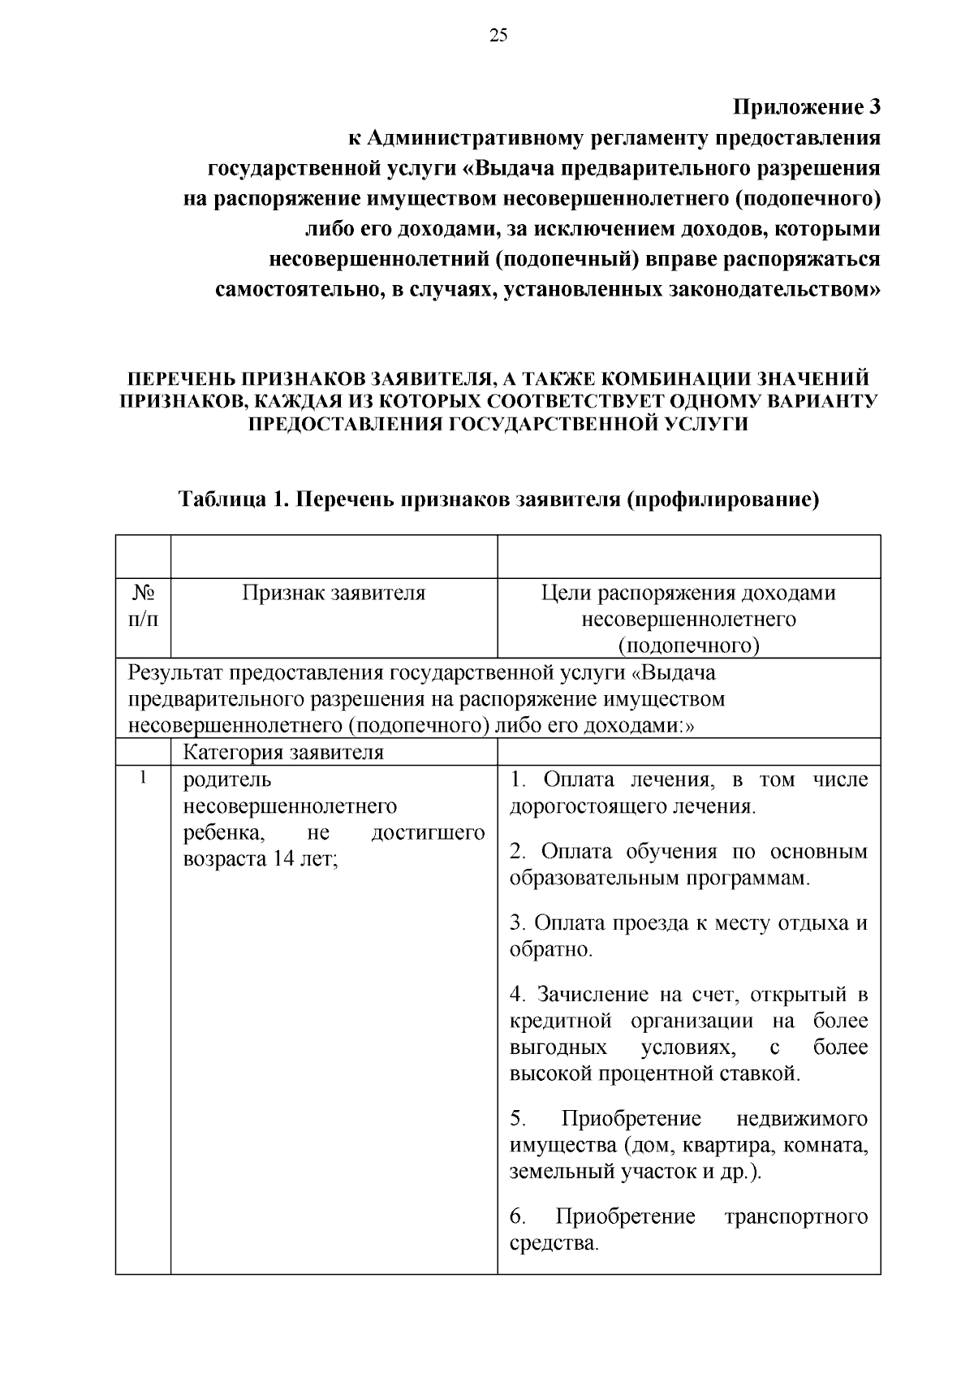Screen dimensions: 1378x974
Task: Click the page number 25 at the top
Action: tap(498, 34)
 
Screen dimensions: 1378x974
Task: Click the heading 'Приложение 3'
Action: tap(806, 107)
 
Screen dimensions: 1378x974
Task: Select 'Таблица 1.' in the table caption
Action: tap(222, 499)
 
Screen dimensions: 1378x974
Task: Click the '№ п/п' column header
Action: tap(143, 606)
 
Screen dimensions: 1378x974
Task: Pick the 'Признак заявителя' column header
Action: tap(334, 593)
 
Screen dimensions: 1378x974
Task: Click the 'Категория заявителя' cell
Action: tap(283, 752)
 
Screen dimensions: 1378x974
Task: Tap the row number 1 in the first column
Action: tap(143, 778)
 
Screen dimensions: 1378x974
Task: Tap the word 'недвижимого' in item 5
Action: tap(801, 1119)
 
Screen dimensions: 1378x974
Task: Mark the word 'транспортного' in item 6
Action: tap(795, 1216)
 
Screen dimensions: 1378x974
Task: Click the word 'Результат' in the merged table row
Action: tap(175, 673)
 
